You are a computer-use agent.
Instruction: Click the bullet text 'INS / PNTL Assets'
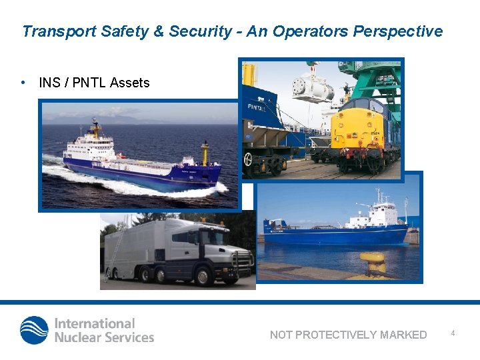[94, 83]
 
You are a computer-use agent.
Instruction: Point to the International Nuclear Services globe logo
[34, 330]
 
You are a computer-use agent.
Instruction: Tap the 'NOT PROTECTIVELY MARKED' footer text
[348, 335]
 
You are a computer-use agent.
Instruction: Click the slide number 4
[453, 333]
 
